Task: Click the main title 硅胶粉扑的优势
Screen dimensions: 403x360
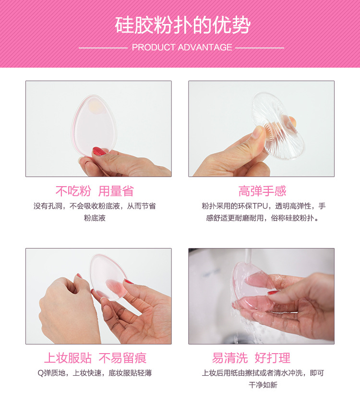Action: [x=182, y=25]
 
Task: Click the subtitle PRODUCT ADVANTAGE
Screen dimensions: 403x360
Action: [x=182, y=47]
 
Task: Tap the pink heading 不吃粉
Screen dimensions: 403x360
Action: [x=73, y=191]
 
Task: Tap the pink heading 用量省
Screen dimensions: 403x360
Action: [x=116, y=191]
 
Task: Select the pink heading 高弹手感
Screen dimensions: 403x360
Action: [x=262, y=191]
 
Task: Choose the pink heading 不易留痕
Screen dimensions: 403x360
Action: [x=122, y=358]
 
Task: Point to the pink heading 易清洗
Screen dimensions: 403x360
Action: [x=230, y=358]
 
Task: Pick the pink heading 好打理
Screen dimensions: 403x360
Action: [x=272, y=358]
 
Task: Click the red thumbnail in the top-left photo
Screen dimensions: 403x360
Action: [x=99, y=152]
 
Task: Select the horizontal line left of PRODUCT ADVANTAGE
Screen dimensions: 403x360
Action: [x=103, y=47]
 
